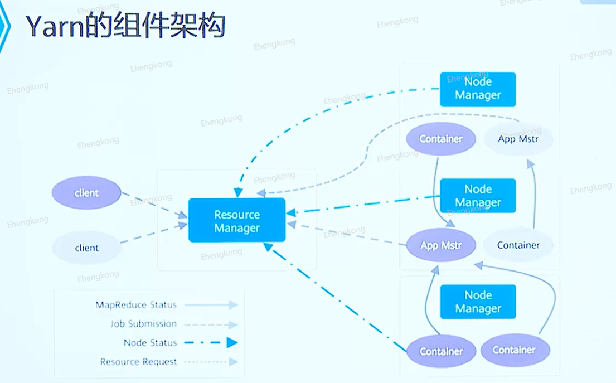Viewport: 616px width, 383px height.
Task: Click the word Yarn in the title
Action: pos(55,26)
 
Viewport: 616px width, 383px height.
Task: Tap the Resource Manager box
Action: pos(237,220)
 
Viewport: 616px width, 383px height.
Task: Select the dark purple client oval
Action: pos(86,192)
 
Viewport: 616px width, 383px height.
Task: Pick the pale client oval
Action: pos(86,248)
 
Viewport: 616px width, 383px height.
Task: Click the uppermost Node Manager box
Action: pos(478,89)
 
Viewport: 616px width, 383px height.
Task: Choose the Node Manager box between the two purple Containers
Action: pos(478,302)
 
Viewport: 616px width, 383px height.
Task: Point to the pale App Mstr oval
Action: pos(518,139)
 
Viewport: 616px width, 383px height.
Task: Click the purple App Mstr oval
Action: pos(441,245)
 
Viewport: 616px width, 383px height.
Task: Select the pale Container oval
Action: pos(518,245)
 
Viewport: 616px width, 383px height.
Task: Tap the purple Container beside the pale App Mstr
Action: pos(441,139)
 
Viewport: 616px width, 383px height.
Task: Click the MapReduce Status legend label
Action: pos(136,305)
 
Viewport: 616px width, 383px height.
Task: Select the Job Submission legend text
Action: pos(143,324)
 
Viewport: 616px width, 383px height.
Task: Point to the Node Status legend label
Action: pos(150,342)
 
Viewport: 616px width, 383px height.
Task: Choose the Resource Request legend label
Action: pos(138,361)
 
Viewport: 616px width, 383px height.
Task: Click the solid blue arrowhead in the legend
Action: pos(232,342)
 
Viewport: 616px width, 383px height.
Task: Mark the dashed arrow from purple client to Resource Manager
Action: pos(154,205)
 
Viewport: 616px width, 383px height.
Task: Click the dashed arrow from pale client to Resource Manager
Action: pos(154,233)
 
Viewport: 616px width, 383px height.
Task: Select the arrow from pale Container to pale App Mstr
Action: pos(533,194)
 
